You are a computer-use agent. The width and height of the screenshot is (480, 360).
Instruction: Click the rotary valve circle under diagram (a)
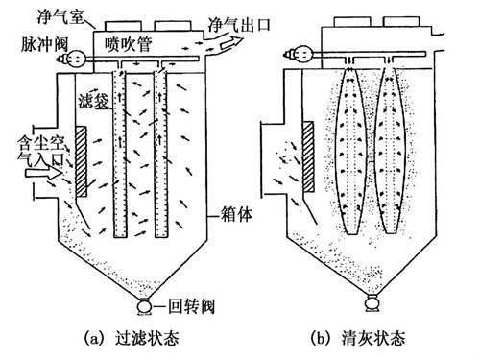[145, 309]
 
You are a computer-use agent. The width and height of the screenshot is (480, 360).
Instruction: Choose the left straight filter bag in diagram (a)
[121, 158]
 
